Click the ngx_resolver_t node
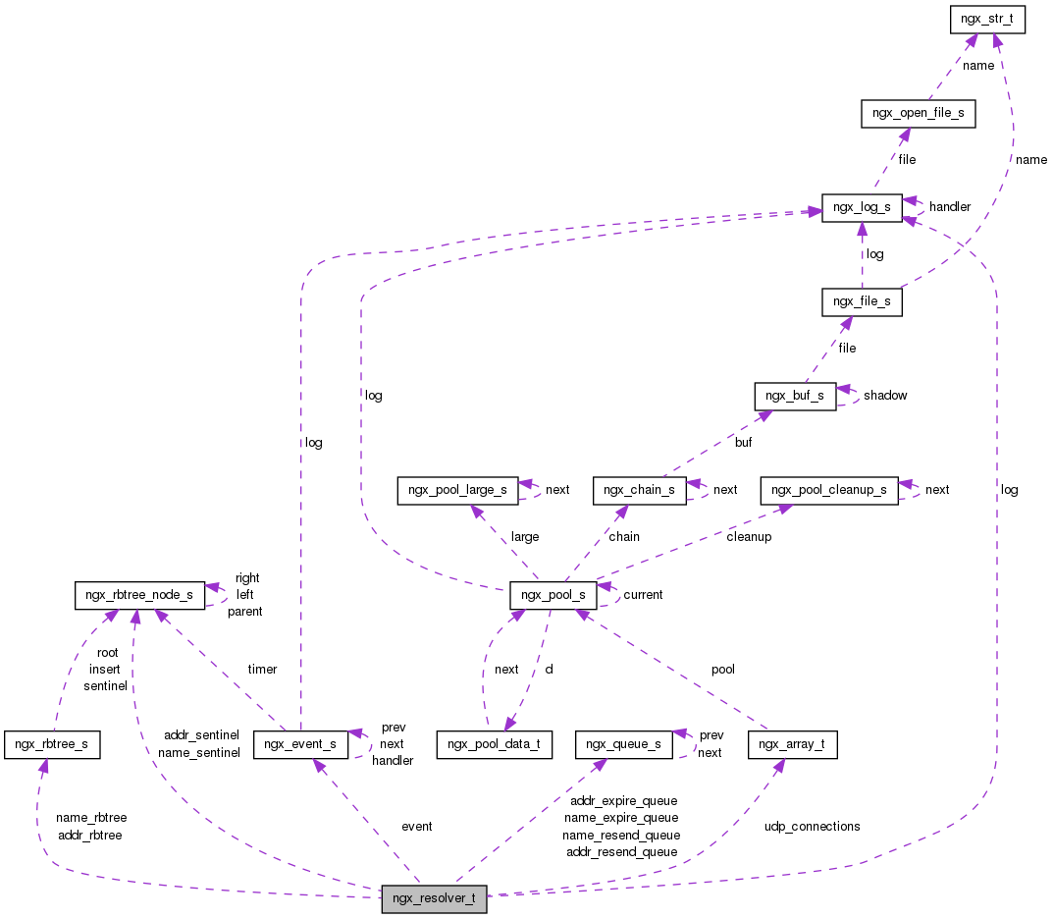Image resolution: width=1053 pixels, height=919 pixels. click(x=434, y=898)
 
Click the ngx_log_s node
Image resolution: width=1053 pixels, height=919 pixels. click(x=862, y=207)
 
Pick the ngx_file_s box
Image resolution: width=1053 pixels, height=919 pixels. click(x=861, y=301)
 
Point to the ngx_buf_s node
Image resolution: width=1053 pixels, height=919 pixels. click(x=794, y=396)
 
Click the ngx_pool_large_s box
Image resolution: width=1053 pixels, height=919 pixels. click(x=457, y=490)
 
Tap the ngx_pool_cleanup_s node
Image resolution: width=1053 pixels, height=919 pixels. click(x=829, y=489)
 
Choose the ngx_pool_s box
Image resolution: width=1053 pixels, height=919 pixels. click(x=553, y=595)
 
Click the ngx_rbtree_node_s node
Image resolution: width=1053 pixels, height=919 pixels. click(x=140, y=595)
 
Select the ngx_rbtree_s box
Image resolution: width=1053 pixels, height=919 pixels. click(x=52, y=744)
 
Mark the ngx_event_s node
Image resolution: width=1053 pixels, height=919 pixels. click(x=300, y=744)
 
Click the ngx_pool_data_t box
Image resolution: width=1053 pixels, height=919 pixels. click(x=495, y=744)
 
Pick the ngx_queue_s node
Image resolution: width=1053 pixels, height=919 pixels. click(x=623, y=744)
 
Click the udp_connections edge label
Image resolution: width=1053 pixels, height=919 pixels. click(x=812, y=827)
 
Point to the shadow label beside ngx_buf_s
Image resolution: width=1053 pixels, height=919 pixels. click(x=885, y=396)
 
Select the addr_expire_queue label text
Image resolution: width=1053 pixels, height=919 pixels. click(x=623, y=801)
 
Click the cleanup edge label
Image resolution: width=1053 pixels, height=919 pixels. click(x=749, y=537)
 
